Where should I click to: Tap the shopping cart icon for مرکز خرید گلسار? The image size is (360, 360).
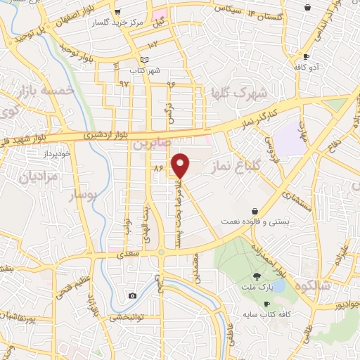click(117, 11)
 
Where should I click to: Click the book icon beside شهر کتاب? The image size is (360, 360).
click(145, 60)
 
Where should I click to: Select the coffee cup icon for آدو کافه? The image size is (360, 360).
click(306, 57)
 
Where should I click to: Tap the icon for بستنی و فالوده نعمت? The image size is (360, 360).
click(255, 211)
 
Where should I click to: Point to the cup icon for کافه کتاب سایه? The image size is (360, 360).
click(266, 304)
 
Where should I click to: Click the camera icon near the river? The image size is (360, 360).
click(132, 296)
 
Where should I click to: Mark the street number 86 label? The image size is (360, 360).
click(158, 168)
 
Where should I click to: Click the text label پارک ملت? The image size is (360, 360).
click(257, 288)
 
